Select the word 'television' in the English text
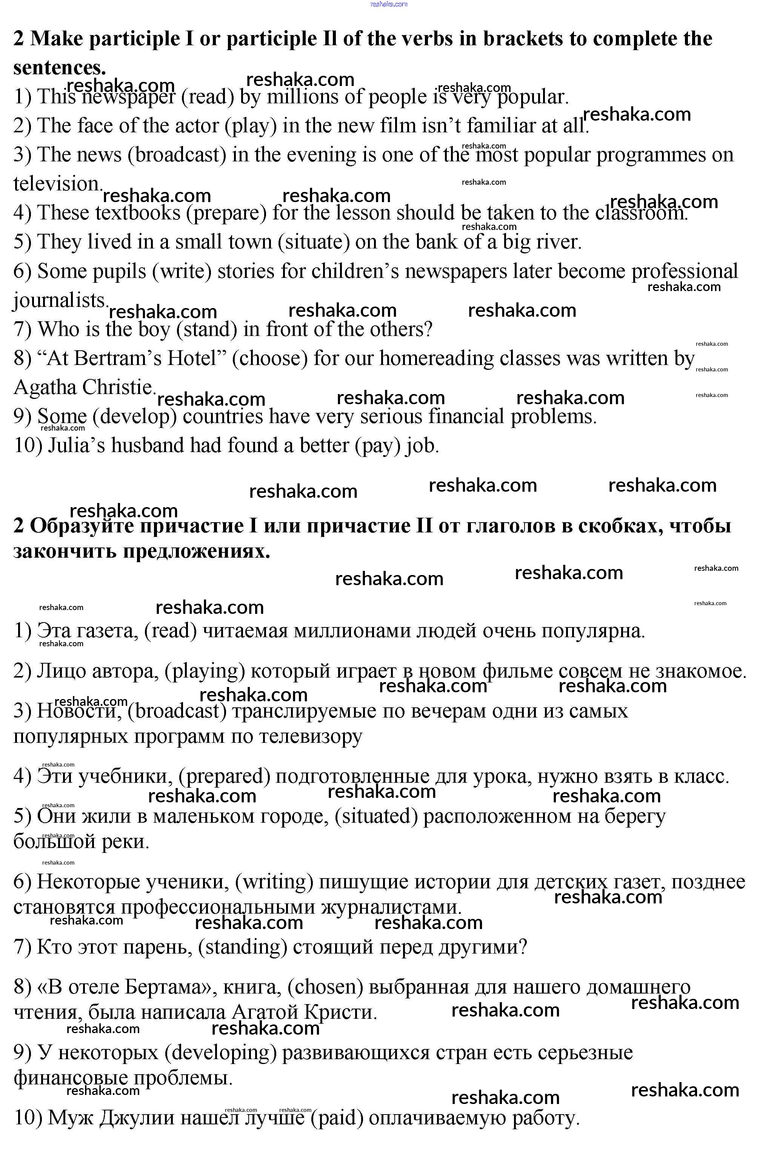coord(57,184)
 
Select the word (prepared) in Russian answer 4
coord(224,776)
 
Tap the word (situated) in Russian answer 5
coord(376,816)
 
